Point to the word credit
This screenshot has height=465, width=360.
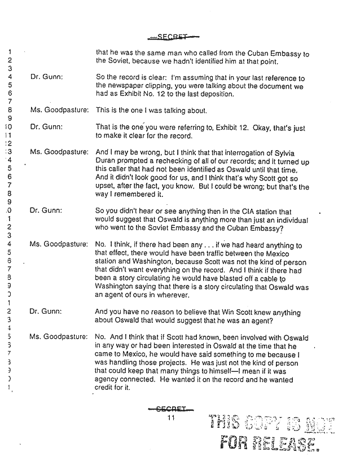click(x=107, y=388)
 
